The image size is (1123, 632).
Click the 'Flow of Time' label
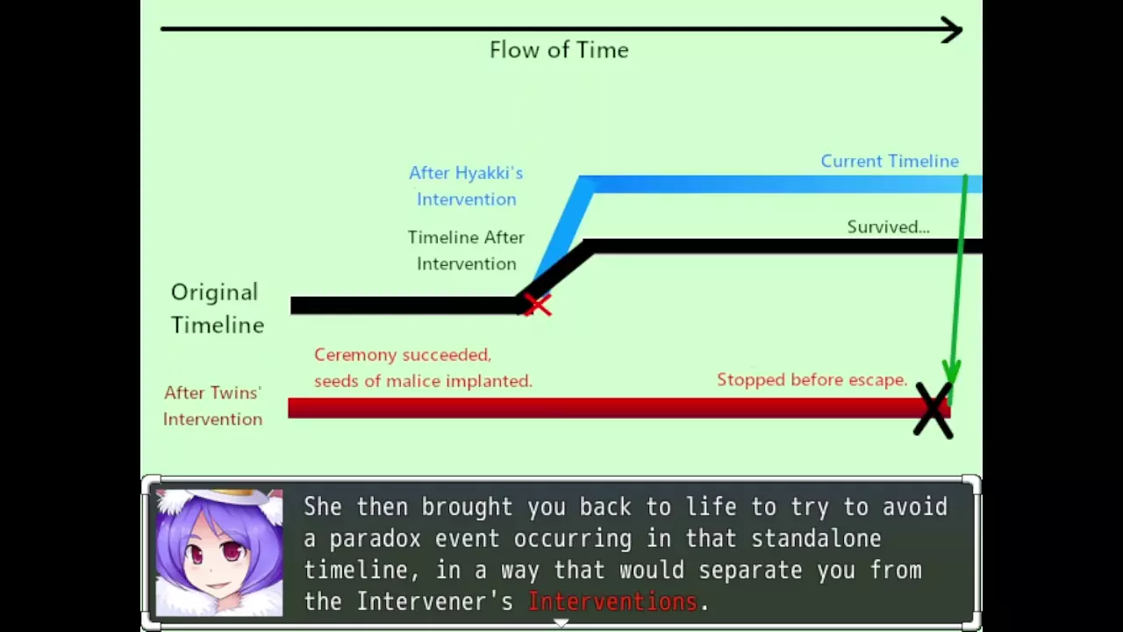click(559, 50)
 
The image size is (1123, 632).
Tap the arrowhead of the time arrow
click(952, 30)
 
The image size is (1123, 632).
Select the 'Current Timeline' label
click(890, 161)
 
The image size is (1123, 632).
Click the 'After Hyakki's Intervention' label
click(466, 186)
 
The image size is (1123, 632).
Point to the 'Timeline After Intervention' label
click(466, 250)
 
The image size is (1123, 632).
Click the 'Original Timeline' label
click(217, 308)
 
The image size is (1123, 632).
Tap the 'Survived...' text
click(889, 226)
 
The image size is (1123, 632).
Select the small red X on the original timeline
click(537, 305)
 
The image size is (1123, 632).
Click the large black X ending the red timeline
click(933, 410)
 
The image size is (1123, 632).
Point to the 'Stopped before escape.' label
click(812, 380)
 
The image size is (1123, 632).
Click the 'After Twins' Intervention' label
click(212, 406)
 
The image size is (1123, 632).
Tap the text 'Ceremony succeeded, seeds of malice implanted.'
click(423, 368)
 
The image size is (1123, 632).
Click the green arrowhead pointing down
click(951, 372)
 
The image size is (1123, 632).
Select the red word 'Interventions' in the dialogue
click(612, 601)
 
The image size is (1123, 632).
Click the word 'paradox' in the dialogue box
click(375, 539)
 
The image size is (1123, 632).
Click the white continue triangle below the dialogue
click(561, 622)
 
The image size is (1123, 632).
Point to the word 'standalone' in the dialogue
click(816, 538)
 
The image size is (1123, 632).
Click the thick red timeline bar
click(619, 408)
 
